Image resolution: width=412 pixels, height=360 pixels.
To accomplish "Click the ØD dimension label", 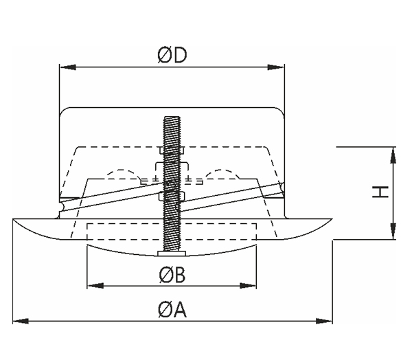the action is click(172, 55).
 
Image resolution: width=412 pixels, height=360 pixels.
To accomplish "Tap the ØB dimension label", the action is click(172, 275).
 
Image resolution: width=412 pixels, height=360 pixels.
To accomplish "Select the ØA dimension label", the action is click(172, 310).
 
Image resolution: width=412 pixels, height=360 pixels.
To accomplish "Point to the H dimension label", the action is click(380, 192).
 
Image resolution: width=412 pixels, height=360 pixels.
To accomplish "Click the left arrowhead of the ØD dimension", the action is click(68, 67).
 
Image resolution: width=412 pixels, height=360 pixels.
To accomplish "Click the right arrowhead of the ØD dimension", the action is click(276, 67).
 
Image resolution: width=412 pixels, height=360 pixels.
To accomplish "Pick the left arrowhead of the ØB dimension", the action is click(95, 286).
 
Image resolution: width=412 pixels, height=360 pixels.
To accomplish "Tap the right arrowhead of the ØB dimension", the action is click(248, 286).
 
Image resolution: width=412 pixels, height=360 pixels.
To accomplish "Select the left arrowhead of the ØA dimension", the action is click(21, 321).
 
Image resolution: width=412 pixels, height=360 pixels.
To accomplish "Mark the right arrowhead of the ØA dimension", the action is click(324, 321).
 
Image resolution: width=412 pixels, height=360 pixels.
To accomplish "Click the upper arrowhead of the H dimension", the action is click(393, 155).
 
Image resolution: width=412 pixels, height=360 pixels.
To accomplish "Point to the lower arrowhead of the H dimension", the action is click(393, 231).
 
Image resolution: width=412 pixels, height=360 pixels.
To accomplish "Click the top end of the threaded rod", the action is click(172, 117).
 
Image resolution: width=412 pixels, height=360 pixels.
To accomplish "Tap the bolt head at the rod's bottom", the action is click(172, 254).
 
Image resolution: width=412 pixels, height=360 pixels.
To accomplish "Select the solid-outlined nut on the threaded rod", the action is click(172, 196).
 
